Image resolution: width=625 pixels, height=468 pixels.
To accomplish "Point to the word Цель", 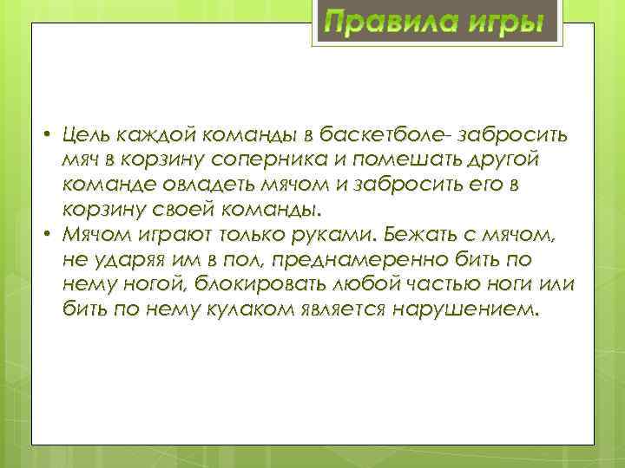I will (87, 134).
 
